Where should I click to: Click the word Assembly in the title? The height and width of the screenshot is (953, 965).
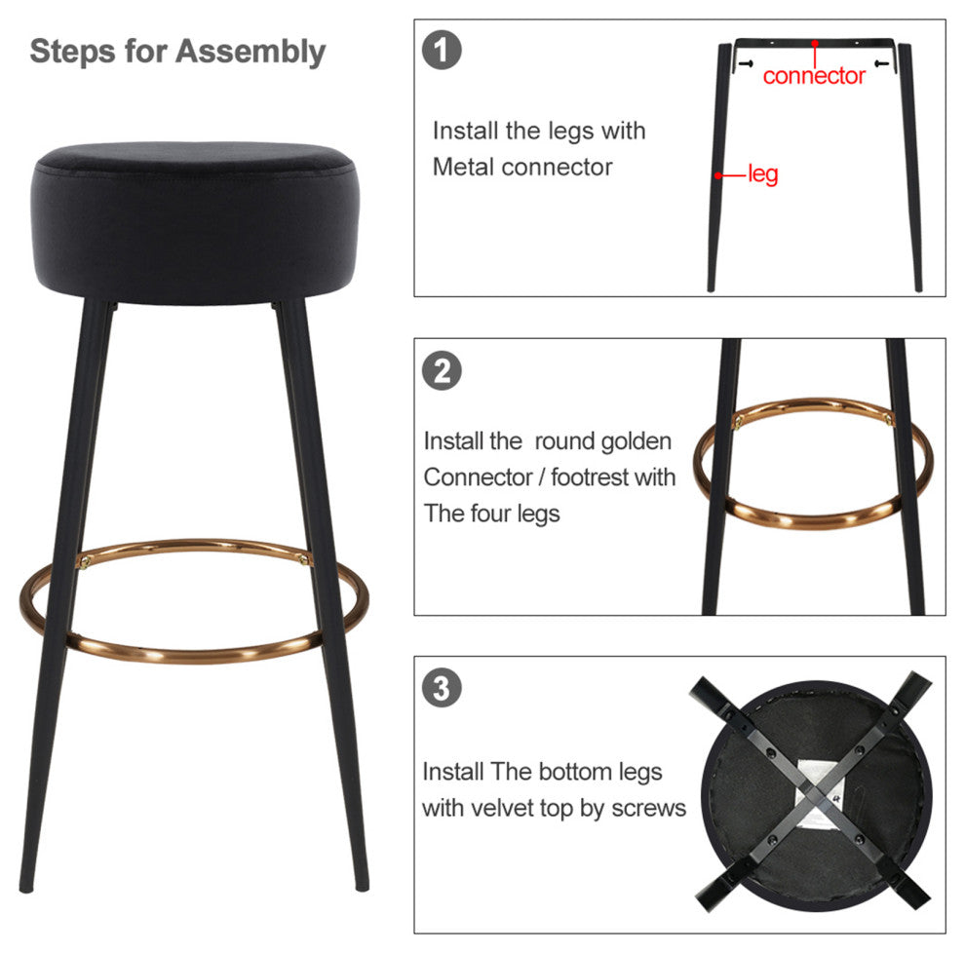[x=251, y=52]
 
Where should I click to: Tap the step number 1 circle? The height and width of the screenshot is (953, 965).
[x=442, y=50]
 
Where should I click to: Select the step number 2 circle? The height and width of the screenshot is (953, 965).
[x=442, y=370]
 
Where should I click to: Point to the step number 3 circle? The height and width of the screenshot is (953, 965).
[x=442, y=688]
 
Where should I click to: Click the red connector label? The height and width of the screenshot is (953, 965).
[x=814, y=76]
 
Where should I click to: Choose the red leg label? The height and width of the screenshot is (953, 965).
[x=763, y=174]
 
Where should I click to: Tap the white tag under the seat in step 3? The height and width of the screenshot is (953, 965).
[x=819, y=792]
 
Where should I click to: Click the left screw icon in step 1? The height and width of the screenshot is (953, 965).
[x=746, y=63]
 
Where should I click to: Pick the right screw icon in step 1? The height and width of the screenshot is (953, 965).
[x=881, y=63]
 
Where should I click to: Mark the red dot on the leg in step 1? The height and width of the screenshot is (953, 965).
[x=717, y=175]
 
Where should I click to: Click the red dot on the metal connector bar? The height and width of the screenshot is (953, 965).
[x=815, y=43]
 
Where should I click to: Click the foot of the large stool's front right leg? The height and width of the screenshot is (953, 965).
[x=363, y=886]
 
